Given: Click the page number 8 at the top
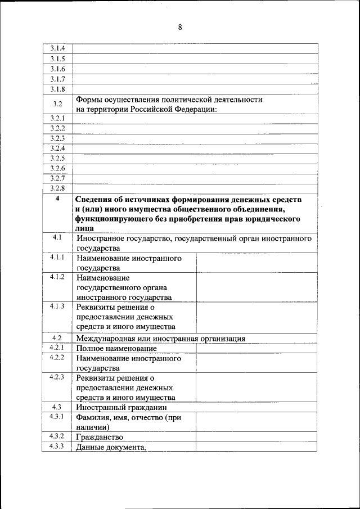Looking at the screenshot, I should pyautogui.click(x=180, y=26).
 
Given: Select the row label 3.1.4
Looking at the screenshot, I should pyautogui.click(x=57, y=48).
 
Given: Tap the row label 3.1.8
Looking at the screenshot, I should pyautogui.click(x=57, y=89).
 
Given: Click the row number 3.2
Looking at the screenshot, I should pyautogui.click(x=57, y=104).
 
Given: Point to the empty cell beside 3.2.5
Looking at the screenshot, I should pyautogui.click(x=195, y=158).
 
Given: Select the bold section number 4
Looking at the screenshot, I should pyautogui.click(x=57, y=199).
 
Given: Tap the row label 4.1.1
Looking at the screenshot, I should pyautogui.click(x=57, y=258).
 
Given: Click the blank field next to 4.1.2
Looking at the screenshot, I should pyautogui.click(x=256, y=287).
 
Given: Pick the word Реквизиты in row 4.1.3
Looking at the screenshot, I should pyautogui.click(x=97, y=308).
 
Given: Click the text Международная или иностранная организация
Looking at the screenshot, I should pyautogui.click(x=161, y=339).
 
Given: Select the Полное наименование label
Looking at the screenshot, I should pyautogui.click(x=109, y=349).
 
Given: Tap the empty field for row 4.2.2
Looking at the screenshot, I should pyautogui.click(x=256, y=363).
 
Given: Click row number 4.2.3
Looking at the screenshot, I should pyautogui.click(x=57, y=377).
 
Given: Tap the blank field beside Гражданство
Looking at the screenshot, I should pyautogui.click(x=256, y=437).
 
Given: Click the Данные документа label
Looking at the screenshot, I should pyautogui.click(x=112, y=447).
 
